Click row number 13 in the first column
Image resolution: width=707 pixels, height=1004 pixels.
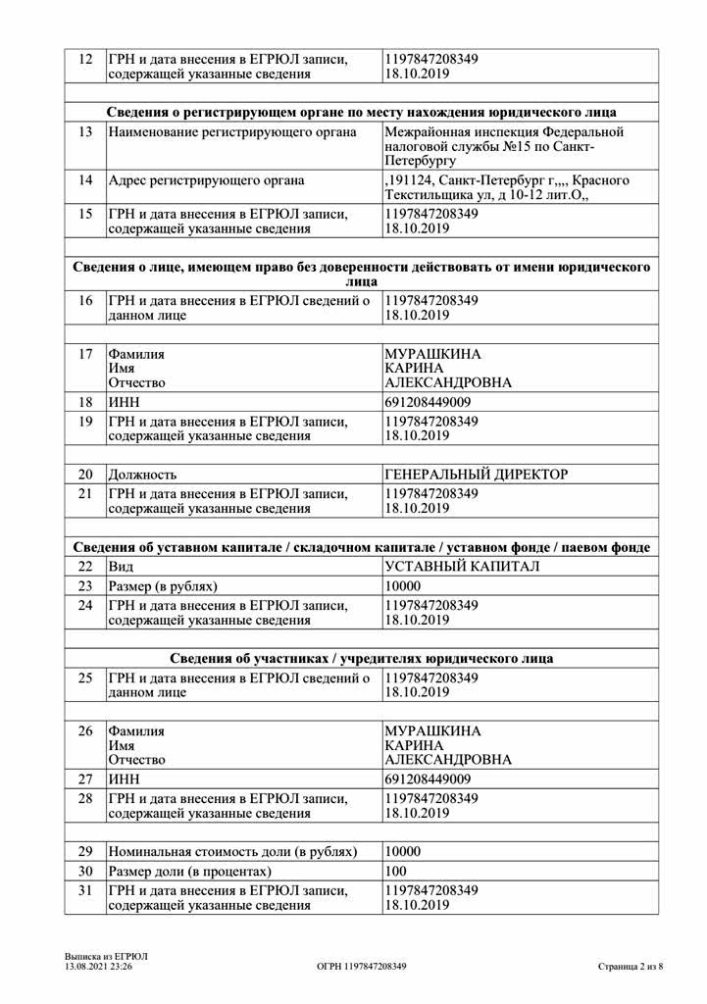pos(85,131)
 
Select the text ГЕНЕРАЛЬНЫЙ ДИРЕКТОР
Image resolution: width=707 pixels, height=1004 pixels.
pos(477,475)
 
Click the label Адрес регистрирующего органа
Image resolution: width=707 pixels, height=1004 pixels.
pos(206,180)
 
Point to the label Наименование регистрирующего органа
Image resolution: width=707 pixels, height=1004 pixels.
pos(231,131)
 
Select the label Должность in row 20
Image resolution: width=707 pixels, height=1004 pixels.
pos(143,475)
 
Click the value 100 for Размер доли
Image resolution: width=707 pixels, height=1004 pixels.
pos(396,871)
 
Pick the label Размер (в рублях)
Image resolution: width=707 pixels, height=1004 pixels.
pos(162,586)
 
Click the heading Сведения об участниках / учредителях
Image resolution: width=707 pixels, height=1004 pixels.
pos(361,658)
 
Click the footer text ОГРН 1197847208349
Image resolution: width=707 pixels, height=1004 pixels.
pos(362,966)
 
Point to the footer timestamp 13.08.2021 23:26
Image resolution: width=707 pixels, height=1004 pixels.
pos(99,966)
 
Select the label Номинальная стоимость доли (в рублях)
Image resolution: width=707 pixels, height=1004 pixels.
pos(232,850)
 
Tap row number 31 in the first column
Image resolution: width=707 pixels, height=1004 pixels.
pos(85,890)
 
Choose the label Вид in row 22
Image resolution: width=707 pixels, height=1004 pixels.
pos(122,567)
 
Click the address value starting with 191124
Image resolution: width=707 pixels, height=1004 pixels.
pos(506,188)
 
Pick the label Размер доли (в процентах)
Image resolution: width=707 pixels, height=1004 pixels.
pos(202,871)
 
